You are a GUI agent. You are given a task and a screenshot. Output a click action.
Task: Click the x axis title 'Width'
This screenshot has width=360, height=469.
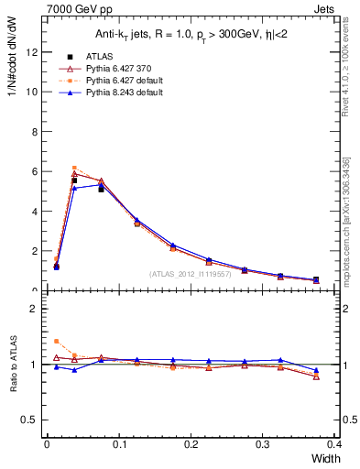(324, 458)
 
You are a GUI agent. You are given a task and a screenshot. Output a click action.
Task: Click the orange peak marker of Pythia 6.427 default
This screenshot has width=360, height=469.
(74, 168)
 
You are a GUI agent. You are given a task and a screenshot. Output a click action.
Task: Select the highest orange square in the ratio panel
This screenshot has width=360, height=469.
(57, 341)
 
